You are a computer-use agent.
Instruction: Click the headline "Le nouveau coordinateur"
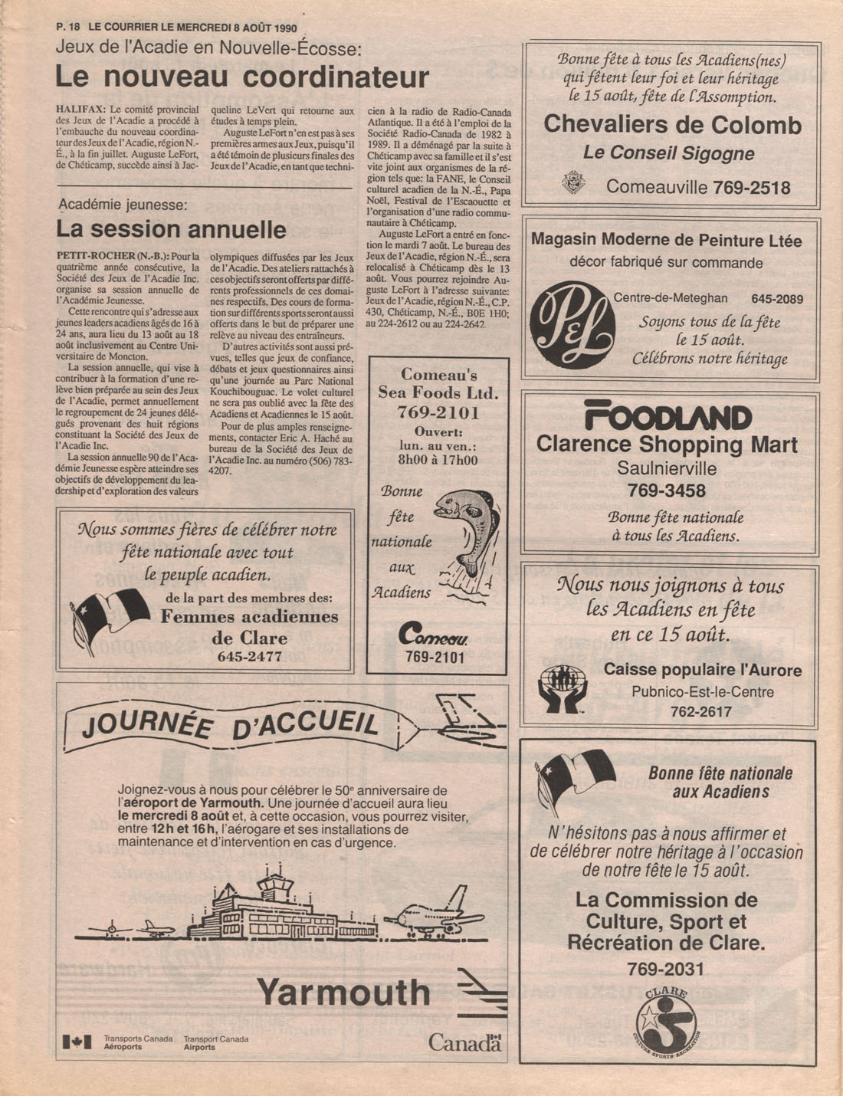[x=242, y=77]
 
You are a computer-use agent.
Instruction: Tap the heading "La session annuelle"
[x=171, y=229]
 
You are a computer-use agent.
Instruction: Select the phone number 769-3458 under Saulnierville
[x=666, y=490]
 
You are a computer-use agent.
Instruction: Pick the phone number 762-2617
[x=700, y=711]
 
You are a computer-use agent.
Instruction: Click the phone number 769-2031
[x=665, y=969]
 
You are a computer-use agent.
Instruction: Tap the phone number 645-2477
[x=249, y=656]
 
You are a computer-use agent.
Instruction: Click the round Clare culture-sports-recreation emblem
[x=666, y=1022]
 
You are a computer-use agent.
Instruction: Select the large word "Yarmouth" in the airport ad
[x=343, y=992]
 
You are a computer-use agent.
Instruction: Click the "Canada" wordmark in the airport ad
[x=464, y=1042]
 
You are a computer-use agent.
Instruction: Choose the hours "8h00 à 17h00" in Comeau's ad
[x=438, y=460]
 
